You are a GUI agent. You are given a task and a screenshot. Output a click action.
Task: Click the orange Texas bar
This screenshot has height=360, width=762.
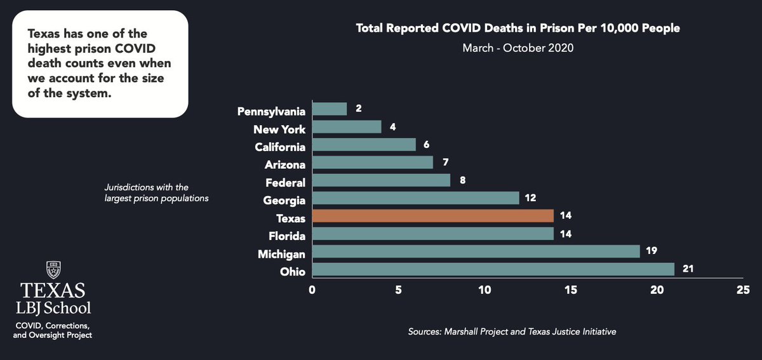point(432,217)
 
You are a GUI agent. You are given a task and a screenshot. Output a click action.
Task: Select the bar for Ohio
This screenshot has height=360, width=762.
point(493,270)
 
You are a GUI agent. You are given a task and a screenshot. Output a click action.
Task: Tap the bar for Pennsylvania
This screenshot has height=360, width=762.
point(329,110)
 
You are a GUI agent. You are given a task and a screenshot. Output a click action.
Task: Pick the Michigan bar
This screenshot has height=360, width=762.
point(476,252)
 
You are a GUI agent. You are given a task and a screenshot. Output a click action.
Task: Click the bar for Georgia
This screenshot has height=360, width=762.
point(415,199)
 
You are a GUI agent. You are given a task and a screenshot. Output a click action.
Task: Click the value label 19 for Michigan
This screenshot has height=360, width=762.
point(652,252)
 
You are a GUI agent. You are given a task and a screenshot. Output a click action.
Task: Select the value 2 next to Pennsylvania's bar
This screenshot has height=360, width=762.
point(359,109)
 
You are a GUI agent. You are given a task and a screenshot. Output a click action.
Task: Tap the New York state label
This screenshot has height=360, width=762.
point(279,130)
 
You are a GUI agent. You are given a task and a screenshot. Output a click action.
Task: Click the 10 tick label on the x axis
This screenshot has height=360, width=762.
point(485,290)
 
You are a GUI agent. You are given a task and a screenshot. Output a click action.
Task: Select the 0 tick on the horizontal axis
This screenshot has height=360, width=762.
point(312,290)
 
